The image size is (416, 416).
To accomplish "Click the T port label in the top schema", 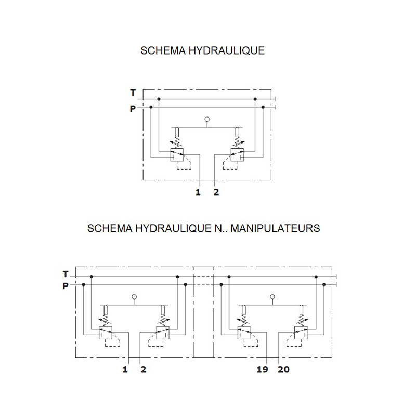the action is [x=133, y=93].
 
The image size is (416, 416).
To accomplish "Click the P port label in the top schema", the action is [x=133, y=109].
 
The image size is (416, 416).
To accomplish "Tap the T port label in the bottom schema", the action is [x=66, y=274].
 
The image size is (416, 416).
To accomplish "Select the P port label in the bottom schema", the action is [x=66, y=286].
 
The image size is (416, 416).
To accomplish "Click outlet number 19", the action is [x=263, y=369].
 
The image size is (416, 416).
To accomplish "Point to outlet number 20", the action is [x=283, y=369].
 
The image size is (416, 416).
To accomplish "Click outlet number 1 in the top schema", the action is [x=198, y=192].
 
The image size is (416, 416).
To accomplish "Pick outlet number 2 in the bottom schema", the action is [x=144, y=369].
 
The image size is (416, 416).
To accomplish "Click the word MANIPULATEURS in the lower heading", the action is [x=275, y=228].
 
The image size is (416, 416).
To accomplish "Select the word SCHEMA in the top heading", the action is [x=163, y=50].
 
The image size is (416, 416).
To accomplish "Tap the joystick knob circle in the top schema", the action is [x=207, y=119].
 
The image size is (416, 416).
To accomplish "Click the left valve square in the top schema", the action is [x=177, y=154].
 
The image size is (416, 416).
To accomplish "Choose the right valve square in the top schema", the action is [x=237, y=154].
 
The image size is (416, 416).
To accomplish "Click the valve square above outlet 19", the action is [x=244, y=332].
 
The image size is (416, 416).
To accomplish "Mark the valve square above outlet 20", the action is [x=301, y=332].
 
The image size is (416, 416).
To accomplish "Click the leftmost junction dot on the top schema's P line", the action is [x=151, y=107].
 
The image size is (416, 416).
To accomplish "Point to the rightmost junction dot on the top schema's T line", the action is [x=255, y=99].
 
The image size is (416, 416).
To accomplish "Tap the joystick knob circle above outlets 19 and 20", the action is [x=272, y=297].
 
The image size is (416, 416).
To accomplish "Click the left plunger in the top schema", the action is [x=177, y=133].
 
